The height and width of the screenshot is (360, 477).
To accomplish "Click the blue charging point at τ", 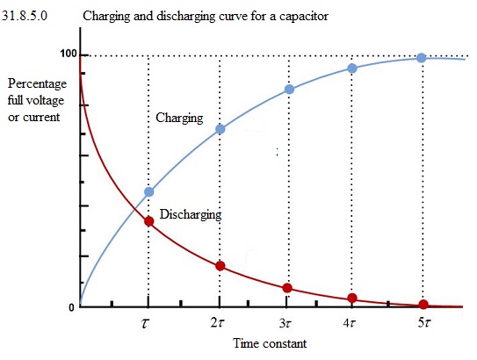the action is (149, 192).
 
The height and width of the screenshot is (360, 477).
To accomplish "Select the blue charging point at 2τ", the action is (220, 129).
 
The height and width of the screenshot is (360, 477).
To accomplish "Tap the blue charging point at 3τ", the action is (289, 90).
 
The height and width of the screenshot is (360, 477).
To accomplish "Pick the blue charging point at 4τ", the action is (352, 68).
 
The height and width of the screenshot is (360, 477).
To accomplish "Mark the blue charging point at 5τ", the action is (422, 58).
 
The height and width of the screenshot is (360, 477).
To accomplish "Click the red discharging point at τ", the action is (148, 221).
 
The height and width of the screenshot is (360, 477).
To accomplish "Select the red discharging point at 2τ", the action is (220, 266).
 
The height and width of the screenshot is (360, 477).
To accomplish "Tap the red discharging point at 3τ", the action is (287, 288).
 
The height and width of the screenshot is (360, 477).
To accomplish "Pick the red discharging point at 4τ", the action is (352, 298).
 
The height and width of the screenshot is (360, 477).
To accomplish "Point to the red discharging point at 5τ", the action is (423, 304).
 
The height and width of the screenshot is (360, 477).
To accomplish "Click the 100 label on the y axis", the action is (69, 54).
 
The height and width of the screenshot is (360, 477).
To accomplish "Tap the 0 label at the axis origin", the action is (71, 307).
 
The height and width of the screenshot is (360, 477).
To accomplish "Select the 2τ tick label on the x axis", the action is (217, 323).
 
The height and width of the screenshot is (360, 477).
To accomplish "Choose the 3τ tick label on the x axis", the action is (285, 323).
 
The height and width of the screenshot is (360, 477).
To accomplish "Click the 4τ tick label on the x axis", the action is (349, 323).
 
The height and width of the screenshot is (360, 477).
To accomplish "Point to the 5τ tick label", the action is (424, 322).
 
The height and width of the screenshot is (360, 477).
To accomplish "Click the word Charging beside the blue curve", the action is (179, 118).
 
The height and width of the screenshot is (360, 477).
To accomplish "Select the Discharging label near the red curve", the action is (191, 214).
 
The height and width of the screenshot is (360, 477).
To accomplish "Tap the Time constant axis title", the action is (270, 343).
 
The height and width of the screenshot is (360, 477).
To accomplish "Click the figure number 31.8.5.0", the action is (25, 16).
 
